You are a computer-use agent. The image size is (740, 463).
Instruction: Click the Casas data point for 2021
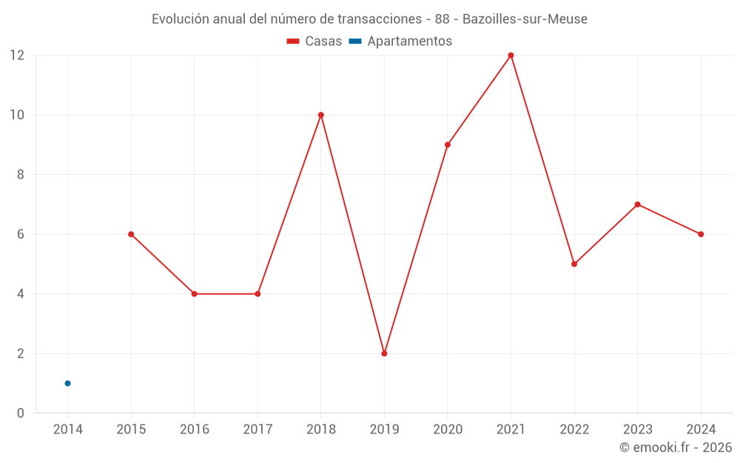tap(511, 56)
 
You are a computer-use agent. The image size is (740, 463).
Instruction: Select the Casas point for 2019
tap(384, 353)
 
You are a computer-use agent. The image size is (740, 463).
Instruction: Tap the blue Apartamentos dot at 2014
tap(67, 383)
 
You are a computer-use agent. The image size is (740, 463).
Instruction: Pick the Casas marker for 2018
tap(321, 115)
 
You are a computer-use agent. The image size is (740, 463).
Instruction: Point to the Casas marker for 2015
tap(131, 234)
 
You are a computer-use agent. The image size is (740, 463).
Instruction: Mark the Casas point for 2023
tap(637, 204)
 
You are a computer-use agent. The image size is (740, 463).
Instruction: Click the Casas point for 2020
tap(448, 144)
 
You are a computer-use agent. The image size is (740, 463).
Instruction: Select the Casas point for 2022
tap(574, 264)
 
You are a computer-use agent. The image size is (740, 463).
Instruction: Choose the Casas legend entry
tap(314, 41)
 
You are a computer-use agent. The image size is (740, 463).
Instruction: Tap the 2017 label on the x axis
tap(258, 429)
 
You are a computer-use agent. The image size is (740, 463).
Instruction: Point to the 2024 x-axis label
tap(701, 429)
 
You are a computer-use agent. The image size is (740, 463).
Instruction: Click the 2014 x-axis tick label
tap(68, 429)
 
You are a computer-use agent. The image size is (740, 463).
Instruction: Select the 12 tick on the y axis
tap(17, 56)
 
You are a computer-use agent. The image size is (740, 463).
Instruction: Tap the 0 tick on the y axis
tap(21, 413)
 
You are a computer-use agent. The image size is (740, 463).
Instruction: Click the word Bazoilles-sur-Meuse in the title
tap(525, 19)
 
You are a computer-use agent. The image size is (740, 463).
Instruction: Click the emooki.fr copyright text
tap(676, 447)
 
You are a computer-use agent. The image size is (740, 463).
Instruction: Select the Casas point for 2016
tap(195, 294)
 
